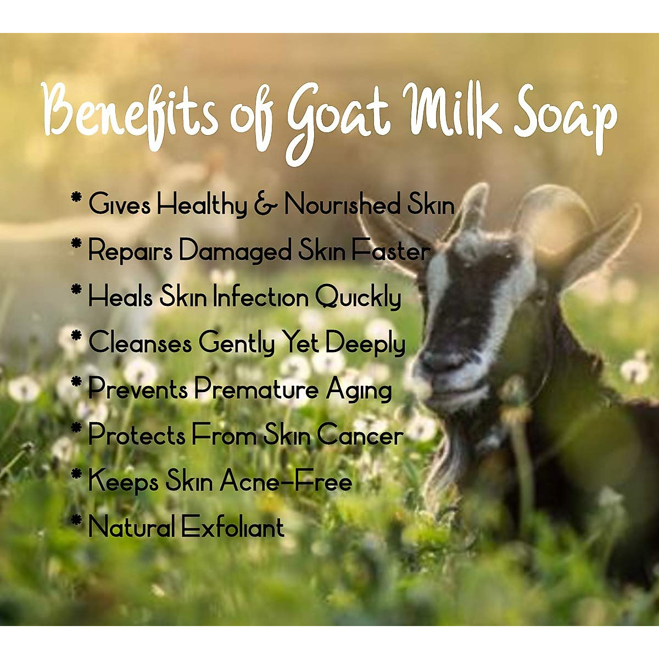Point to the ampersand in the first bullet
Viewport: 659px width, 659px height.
(265, 205)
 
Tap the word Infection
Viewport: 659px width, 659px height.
(261, 297)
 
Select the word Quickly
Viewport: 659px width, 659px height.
(358, 298)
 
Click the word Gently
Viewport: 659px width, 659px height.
(237, 344)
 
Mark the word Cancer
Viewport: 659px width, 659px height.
(360, 435)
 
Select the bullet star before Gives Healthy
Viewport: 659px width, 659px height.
(76, 198)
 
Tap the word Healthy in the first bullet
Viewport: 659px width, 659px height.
(202, 205)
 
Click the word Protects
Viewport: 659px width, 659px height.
(137, 435)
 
